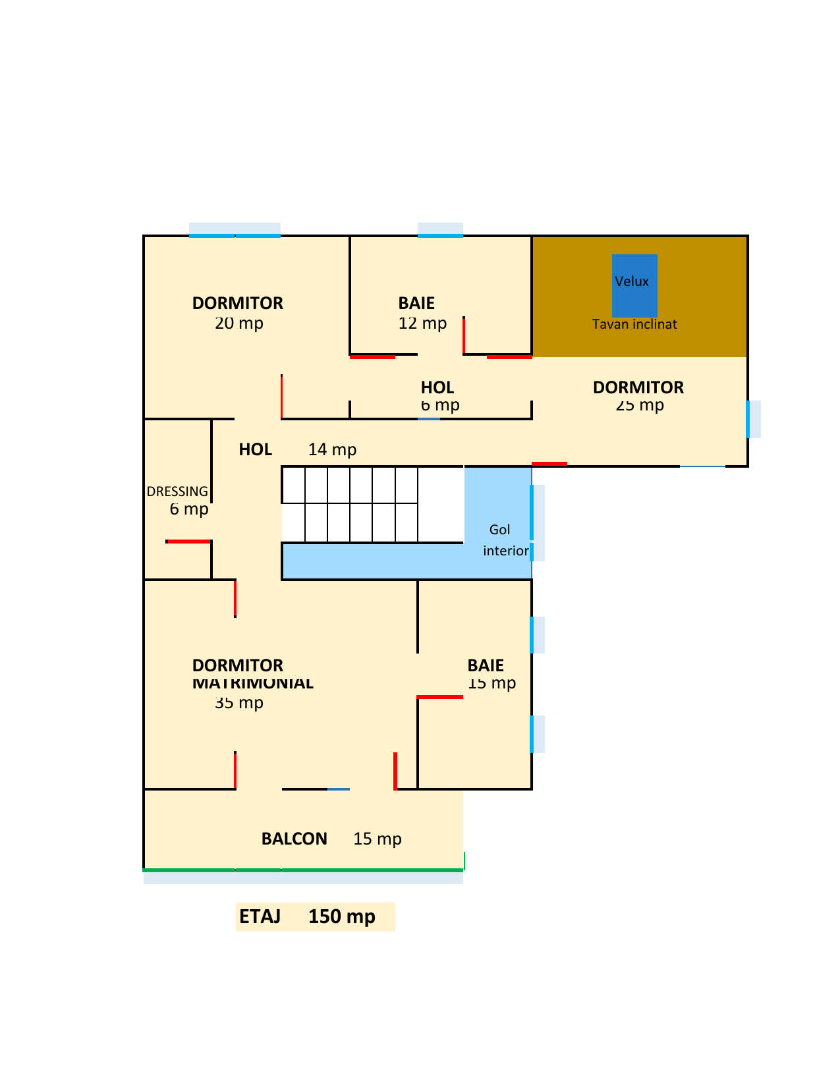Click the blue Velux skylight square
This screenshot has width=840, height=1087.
coord(634,286)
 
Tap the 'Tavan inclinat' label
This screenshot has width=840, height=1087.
coord(634,324)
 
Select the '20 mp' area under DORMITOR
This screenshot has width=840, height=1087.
coord(239,323)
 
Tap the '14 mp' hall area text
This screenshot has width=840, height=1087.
coord(332,450)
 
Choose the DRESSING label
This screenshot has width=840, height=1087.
coord(177,491)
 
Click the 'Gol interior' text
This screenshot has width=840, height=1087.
coord(504,540)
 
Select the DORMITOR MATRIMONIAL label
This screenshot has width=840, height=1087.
coord(252,674)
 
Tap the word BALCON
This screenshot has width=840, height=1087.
coord(294,839)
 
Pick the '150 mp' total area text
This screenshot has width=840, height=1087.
coord(342,916)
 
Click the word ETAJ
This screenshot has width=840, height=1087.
coord(260,916)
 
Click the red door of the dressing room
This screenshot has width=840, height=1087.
coord(189,542)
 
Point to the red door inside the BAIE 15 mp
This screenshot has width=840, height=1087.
coord(440,696)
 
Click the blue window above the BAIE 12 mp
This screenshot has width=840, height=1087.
coord(440,235)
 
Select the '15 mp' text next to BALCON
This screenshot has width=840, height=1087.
coord(378,839)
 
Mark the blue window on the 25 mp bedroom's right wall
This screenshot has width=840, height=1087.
coord(748,419)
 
